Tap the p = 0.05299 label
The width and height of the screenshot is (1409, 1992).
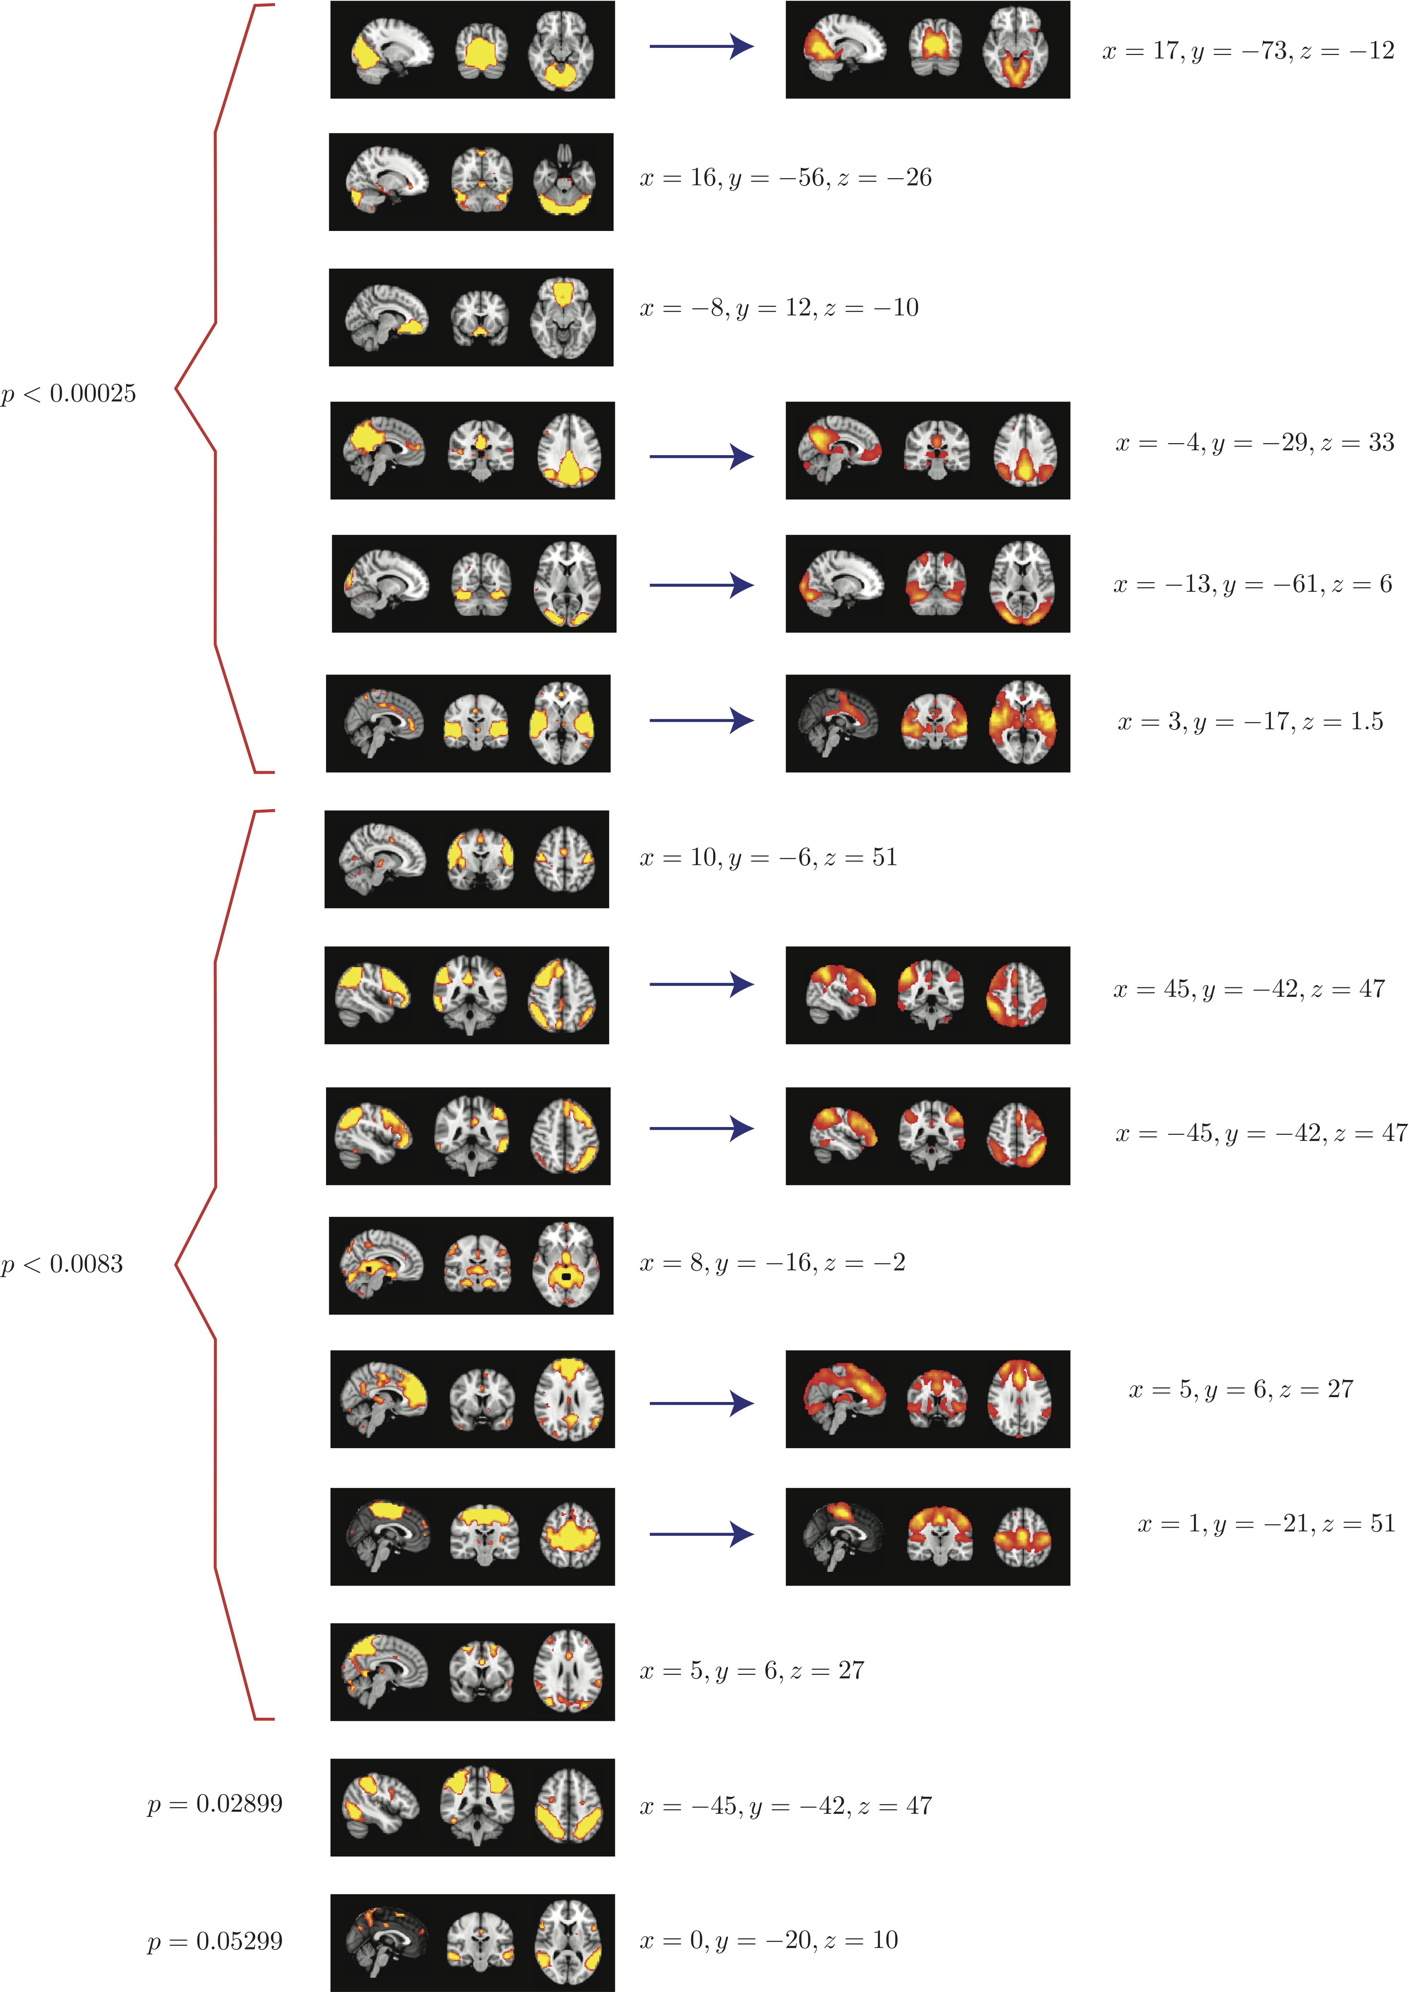pos(214,1941)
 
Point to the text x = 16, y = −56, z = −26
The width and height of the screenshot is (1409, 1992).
pos(785,178)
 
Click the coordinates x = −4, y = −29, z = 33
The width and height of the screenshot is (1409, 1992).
pos(1255,442)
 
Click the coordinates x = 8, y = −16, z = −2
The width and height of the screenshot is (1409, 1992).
pos(772,1262)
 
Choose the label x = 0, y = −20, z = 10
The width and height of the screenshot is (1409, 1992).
pos(768,1940)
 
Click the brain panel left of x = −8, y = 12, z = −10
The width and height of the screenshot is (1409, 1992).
pos(471,318)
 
